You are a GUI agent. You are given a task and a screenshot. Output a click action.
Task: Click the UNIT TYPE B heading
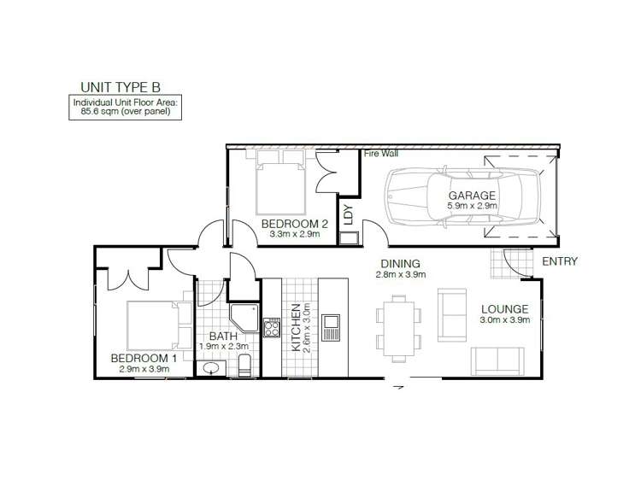pos(119,86)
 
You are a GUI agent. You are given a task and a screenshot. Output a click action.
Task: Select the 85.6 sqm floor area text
pos(126,111)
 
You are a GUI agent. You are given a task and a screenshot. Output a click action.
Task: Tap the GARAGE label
pos(473,196)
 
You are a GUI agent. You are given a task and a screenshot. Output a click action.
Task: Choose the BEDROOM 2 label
pos(290,224)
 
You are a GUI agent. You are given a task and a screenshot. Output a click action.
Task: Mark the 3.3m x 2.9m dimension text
pos(290,235)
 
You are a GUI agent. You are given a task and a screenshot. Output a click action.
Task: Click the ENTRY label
pos(560,261)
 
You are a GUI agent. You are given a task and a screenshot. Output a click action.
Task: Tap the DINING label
pos(400,263)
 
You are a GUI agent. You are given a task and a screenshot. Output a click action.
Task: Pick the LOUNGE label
pos(504,309)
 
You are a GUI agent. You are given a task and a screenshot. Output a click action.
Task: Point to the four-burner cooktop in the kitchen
pos(272,328)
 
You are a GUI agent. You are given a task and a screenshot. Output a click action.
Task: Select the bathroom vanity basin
pos(210,368)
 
